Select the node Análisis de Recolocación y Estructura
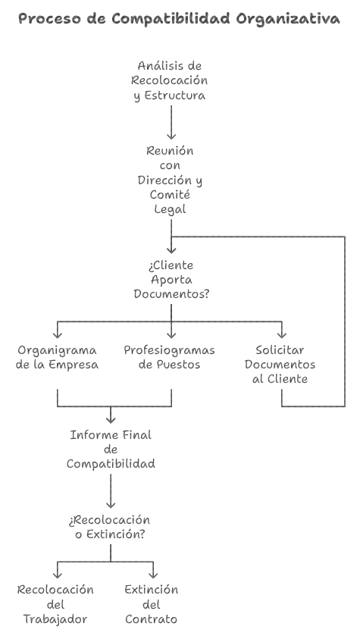(170, 80)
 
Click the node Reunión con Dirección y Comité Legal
(170, 180)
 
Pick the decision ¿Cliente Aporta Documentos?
(171, 280)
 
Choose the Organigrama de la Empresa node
(57, 358)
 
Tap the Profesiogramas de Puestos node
(169, 358)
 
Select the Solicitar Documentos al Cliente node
(280, 365)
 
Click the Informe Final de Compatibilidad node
(111, 449)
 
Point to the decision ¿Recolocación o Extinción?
(110, 527)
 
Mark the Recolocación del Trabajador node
(55, 604)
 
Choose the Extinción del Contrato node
(151, 604)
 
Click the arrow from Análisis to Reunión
(171, 123)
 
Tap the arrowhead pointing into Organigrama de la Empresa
(58, 334)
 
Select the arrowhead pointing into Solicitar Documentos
(281, 334)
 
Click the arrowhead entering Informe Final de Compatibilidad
(111, 419)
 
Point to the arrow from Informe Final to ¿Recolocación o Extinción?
(111, 491)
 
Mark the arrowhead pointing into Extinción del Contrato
(153, 575)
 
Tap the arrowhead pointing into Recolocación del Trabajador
(58, 575)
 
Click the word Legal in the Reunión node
(170, 209)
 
